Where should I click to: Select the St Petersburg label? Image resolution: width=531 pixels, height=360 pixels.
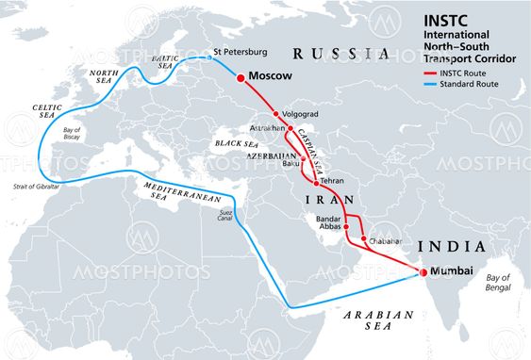tap(241, 52)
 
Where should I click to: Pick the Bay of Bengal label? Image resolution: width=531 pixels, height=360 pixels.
tap(497, 283)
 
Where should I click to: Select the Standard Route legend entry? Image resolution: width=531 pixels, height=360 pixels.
tap(467, 84)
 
